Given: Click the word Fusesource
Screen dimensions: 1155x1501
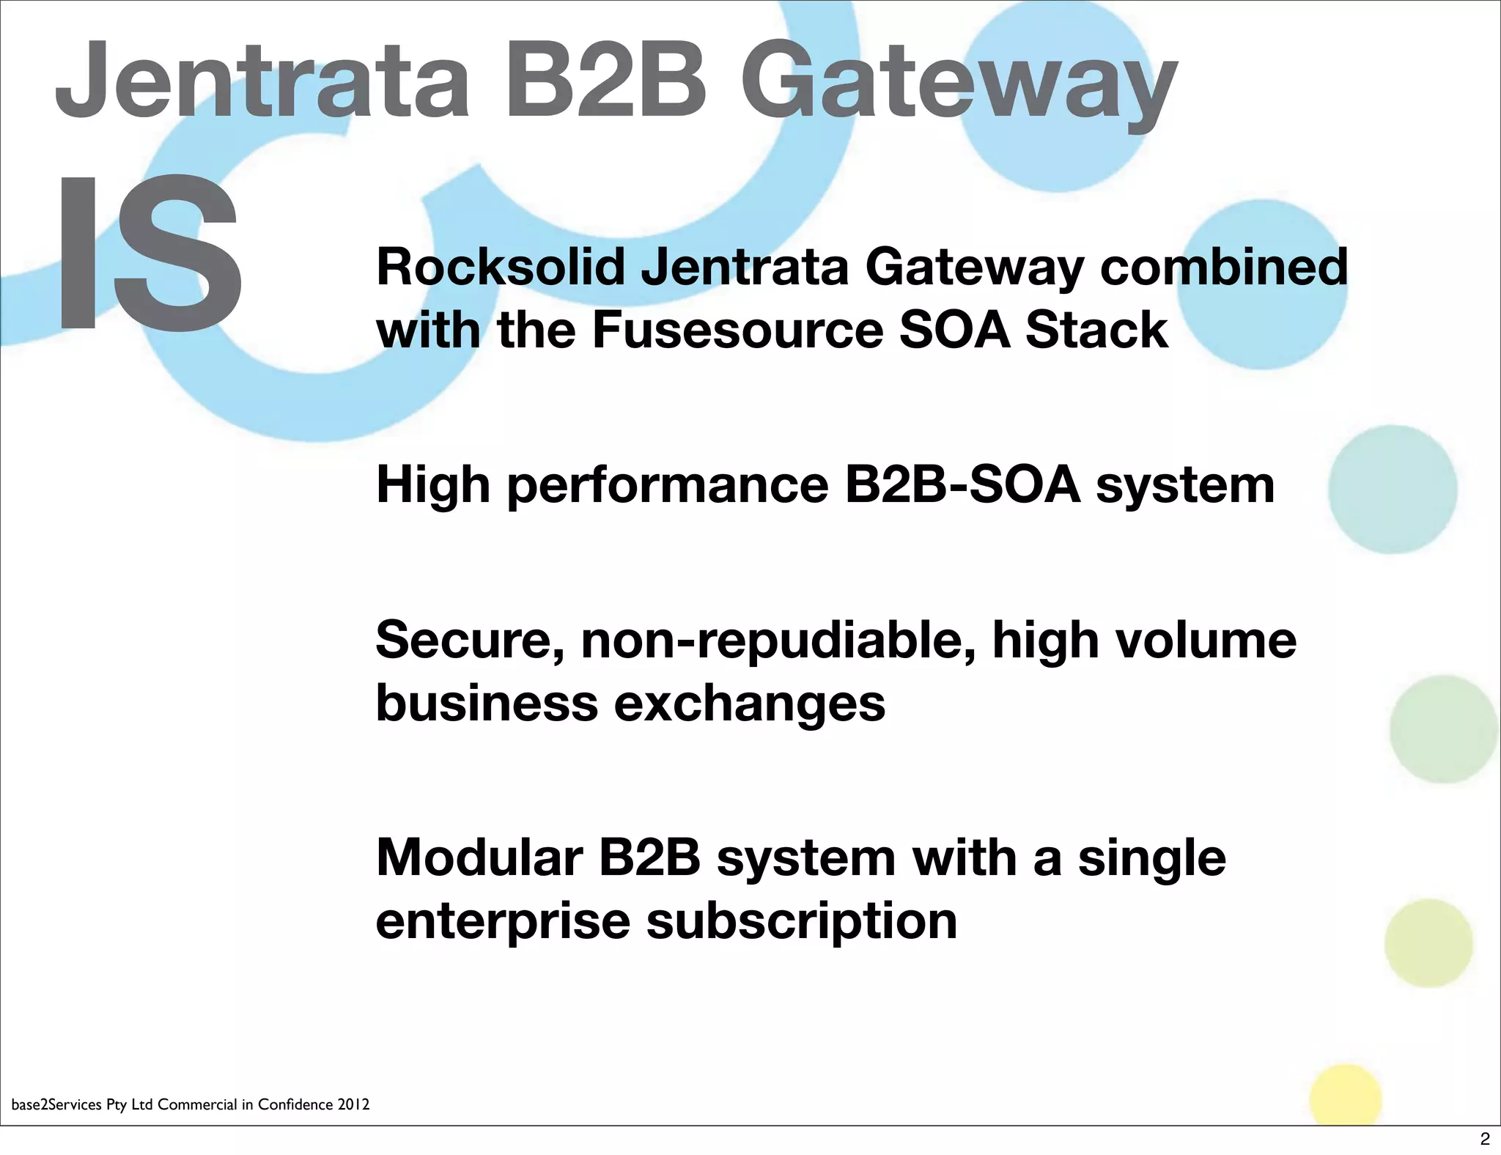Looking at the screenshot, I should click(x=737, y=330).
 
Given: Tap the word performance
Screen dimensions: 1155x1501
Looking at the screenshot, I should click(x=668, y=487).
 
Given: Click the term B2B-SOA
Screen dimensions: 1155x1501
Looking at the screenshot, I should click(x=962, y=485).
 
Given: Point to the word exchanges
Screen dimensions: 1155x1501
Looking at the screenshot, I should click(x=749, y=704).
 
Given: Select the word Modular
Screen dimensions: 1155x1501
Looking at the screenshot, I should click(x=479, y=857).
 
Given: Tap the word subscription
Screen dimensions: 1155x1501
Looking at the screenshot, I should click(x=802, y=922).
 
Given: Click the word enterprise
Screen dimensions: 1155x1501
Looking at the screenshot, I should click(x=503, y=922).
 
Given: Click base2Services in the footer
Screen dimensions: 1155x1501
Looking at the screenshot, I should click(x=56, y=1104).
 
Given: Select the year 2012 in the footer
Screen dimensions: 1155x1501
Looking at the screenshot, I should click(x=353, y=1104).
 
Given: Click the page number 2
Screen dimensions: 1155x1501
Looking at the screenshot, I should click(x=1485, y=1140).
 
